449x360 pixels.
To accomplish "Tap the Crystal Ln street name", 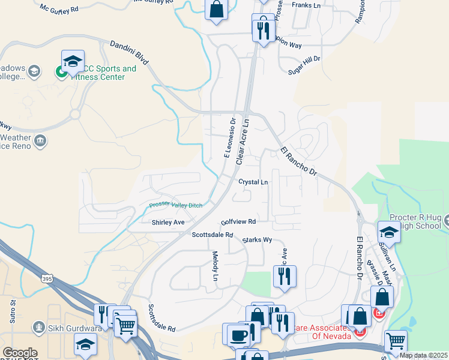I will pyautogui.click(x=253, y=182).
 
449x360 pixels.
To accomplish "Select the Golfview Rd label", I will pyautogui.click(x=238, y=221).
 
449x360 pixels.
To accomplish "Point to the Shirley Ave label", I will pyautogui.click(x=168, y=222).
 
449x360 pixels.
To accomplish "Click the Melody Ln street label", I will pyautogui.click(x=215, y=266).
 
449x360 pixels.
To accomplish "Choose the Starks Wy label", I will pyautogui.click(x=258, y=240).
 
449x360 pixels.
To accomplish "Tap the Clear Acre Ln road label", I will pyautogui.click(x=243, y=142).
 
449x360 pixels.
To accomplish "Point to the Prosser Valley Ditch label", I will pyautogui.click(x=176, y=205).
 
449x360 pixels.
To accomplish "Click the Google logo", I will pyautogui.click(x=19, y=353).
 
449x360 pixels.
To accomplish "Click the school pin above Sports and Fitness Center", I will pyautogui.click(x=73, y=62).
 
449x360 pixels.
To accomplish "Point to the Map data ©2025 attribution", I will pyautogui.click(x=423, y=355).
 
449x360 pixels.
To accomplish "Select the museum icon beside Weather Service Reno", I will pyautogui.click(x=40, y=142).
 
